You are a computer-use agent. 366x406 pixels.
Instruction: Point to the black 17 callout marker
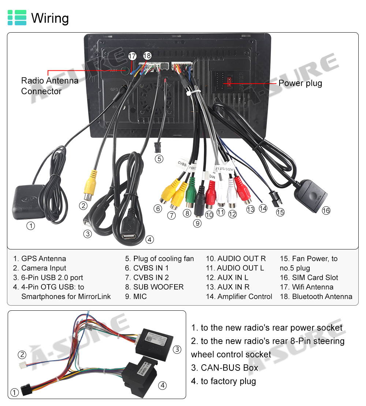click(x=132, y=56)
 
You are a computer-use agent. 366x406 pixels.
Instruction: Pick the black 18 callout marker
click(x=147, y=56)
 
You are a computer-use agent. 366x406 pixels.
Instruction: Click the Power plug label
click(x=300, y=83)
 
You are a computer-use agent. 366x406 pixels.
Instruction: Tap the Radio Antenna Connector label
click(x=50, y=86)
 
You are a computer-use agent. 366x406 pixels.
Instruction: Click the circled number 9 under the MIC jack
click(x=197, y=223)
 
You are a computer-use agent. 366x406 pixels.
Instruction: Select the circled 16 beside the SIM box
click(x=326, y=210)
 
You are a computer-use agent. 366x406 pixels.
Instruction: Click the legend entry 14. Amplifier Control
click(x=239, y=296)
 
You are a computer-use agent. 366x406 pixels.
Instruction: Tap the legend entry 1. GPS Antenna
click(x=40, y=259)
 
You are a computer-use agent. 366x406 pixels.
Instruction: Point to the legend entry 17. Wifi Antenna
click(x=307, y=287)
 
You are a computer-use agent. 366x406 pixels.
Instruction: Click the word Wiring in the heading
click(x=50, y=18)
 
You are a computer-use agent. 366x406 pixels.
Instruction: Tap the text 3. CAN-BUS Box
click(x=224, y=368)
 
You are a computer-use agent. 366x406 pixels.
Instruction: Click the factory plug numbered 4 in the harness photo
click(x=141, y=376)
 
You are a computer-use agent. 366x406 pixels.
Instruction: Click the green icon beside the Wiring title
click(x=17, y=18)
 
